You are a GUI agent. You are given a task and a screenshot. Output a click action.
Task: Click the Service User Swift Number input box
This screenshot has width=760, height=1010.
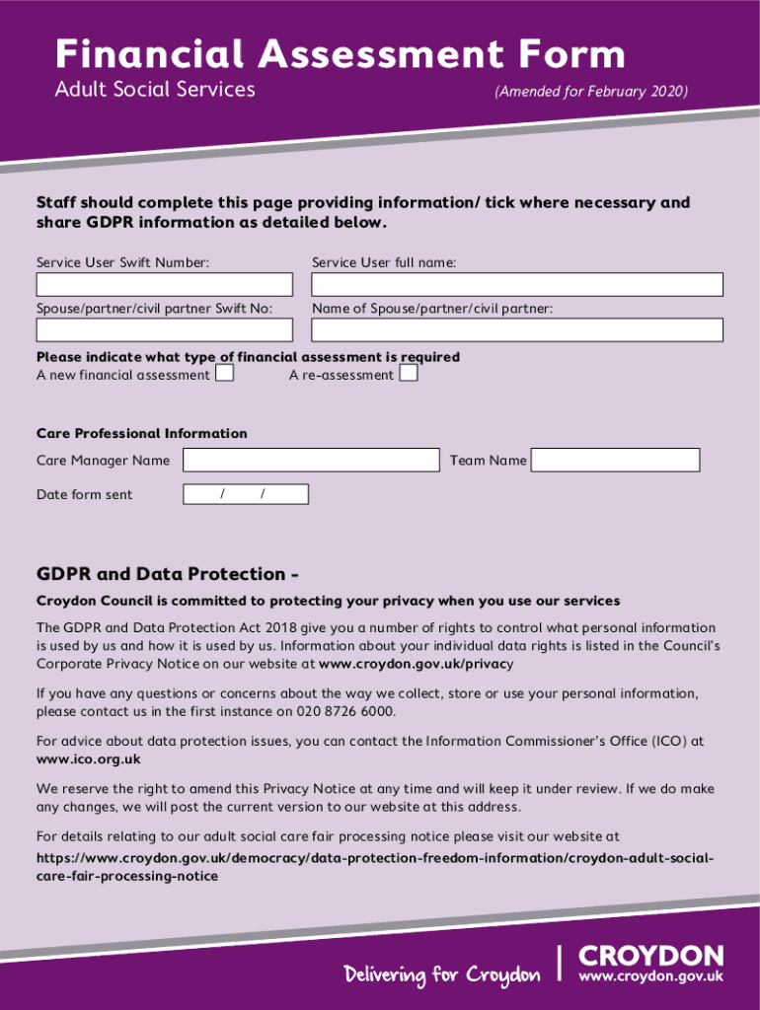coord(165,285)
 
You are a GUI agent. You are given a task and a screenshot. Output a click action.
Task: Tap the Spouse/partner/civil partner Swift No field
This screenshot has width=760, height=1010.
coord(165,330)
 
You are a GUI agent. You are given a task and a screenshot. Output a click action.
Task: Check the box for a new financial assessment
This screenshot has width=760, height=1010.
coord(225,374)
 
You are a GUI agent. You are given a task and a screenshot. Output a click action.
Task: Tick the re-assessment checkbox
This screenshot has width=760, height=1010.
coord(409,374)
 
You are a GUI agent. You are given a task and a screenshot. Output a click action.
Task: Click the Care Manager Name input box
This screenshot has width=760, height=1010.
coord(311,460)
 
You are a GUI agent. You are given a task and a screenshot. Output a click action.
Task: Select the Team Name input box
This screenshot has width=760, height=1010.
coord(616,460)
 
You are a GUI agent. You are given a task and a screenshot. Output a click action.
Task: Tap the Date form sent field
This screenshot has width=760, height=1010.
coord(246,494)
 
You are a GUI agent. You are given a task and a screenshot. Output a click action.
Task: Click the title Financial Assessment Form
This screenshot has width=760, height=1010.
coord(340,54)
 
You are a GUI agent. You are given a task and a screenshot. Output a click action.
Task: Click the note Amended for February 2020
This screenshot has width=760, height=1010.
coord(591,92)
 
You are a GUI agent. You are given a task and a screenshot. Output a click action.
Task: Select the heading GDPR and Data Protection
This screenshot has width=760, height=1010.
coord(168,574)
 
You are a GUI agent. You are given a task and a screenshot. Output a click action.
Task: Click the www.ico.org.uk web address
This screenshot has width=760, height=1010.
coord(89,758)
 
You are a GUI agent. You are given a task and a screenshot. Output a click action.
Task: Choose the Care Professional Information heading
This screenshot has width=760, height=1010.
coord(142,433)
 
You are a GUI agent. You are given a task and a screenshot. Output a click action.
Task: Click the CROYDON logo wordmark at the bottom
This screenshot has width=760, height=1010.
coord(650,956)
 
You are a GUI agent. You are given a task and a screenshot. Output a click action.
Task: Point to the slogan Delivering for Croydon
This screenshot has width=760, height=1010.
coord(442,975)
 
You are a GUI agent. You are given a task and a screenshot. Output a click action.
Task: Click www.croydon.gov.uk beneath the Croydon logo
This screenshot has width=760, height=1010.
coord(650,976)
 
